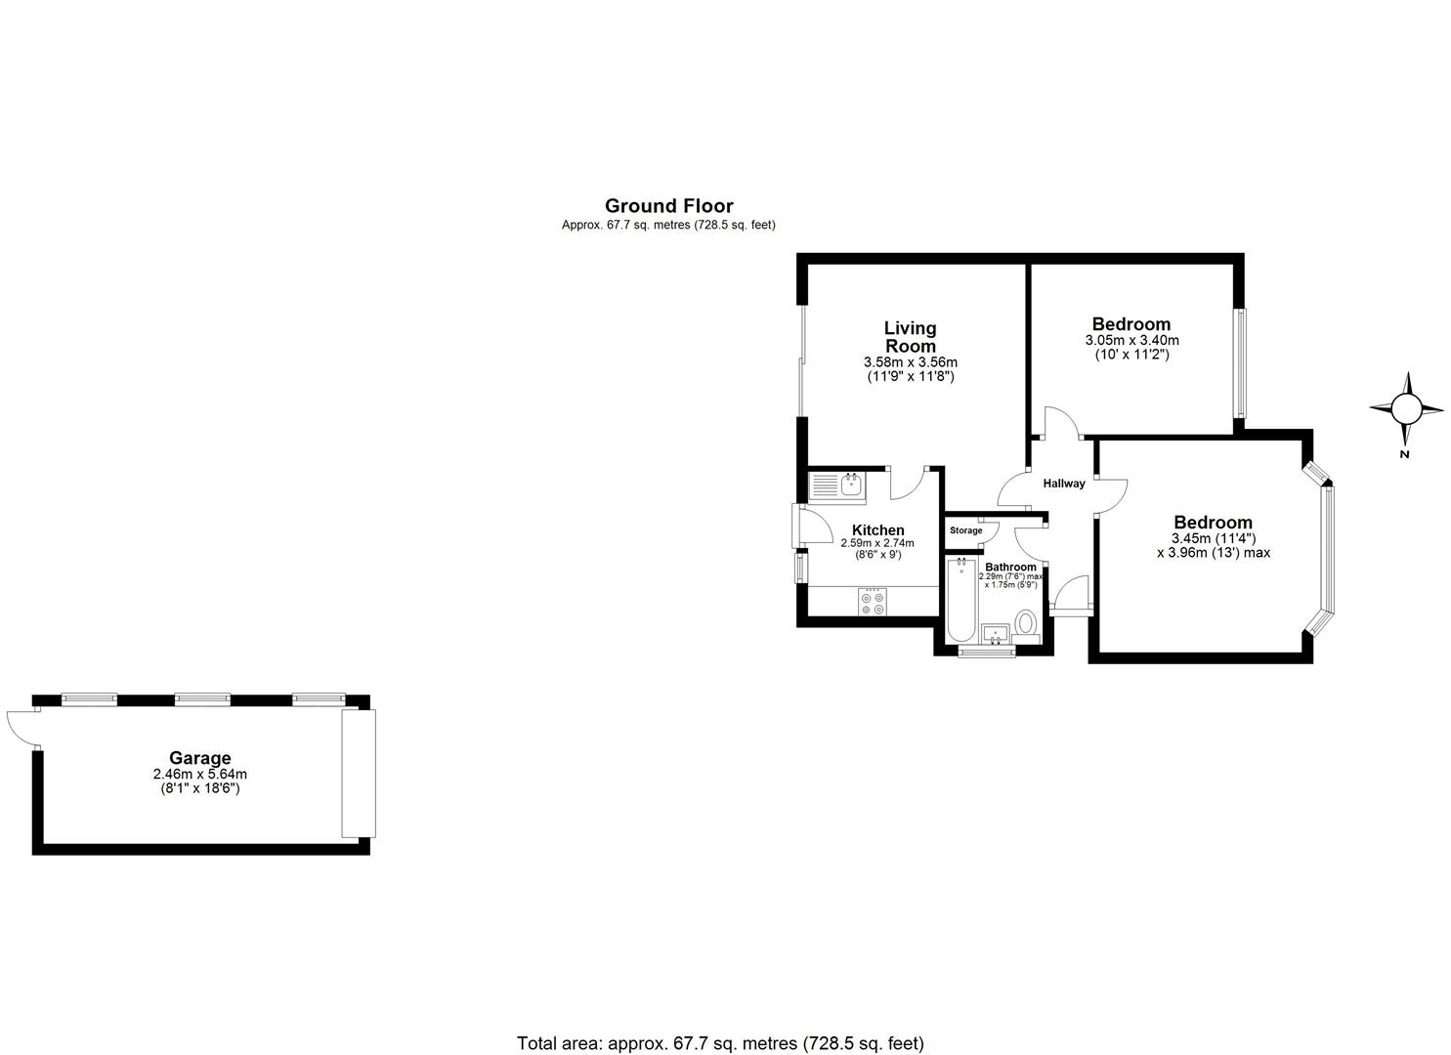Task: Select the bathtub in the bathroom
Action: click(962, 598)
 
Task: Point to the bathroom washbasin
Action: click(996, 634)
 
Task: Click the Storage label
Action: click(965, 530)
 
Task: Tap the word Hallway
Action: click(1063, 484)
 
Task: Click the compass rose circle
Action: click(1406, 408)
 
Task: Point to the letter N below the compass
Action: click(1404, 453)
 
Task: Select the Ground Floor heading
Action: click(668, 205)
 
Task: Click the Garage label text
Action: click(200, 758)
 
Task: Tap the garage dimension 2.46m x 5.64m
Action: click(200, 774)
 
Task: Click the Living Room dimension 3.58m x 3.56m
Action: click(910, 361)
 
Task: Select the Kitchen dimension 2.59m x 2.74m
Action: click(877, 543)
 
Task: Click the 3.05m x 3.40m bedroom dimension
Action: click(1131, 340)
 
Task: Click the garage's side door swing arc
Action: click(20, 727)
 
